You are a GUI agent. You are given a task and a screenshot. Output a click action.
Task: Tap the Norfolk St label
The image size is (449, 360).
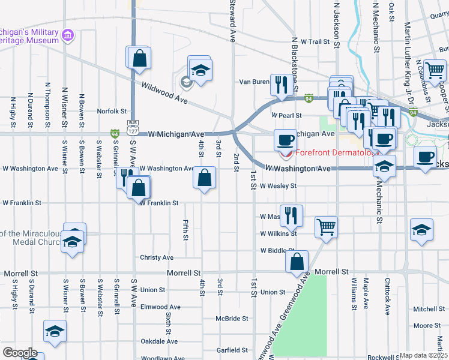click(112, 111)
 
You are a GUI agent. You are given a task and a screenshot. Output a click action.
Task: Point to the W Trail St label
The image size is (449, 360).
click(316, 42)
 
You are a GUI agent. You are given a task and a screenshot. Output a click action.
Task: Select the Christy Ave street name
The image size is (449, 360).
click(157, 257)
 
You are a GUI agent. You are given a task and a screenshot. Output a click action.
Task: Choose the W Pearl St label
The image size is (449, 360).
click(286, 115)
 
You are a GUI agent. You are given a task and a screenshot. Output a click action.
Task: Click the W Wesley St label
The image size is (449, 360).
click(278, 186)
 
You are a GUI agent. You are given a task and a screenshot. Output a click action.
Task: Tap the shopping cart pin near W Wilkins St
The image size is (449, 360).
click(326, 227)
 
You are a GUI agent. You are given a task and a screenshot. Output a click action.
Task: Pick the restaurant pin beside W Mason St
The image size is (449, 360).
click(291, 215)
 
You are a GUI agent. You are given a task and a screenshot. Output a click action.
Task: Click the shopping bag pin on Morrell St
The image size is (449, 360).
click(297, 262)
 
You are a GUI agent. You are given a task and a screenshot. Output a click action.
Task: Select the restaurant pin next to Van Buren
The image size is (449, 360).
click(279, 84)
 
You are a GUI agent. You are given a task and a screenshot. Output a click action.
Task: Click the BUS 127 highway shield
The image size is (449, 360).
click(133, 127)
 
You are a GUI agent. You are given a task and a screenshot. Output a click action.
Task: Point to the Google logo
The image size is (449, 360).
click(20, 353)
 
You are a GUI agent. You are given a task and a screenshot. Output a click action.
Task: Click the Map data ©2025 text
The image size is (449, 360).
click(424, 355)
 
